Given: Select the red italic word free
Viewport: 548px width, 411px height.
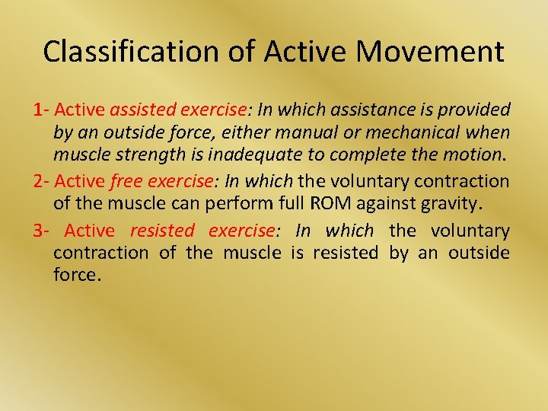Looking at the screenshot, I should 126,181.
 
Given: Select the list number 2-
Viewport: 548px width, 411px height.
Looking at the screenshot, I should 41,181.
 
